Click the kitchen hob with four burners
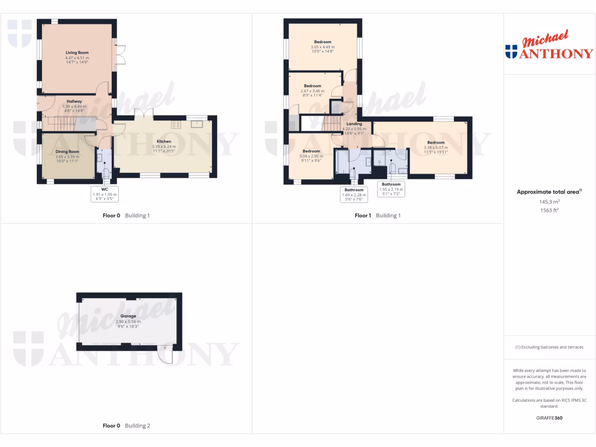(175, 125)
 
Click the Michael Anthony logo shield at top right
(511, 51)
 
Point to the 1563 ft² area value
(549, 210)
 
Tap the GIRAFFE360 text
(549, 418)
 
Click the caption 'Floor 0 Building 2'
(126, 426)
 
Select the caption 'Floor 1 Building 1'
(378, 215)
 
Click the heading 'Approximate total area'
(549, 191)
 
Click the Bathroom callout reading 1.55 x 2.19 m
(391, 189)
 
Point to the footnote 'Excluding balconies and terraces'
(549, 347)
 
